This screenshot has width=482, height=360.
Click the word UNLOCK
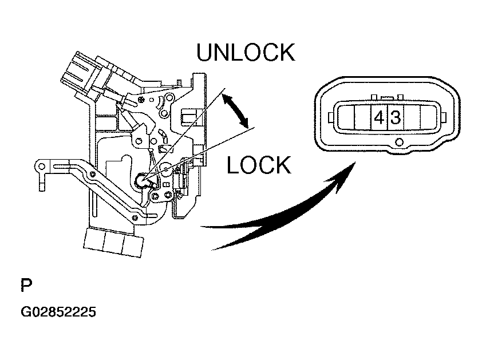245,52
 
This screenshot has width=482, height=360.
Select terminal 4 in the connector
378,118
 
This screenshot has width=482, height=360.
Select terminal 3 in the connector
395,118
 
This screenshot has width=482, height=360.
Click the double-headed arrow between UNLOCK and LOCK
236,111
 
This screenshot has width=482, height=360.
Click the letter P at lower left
26,285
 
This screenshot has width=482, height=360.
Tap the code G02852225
58,312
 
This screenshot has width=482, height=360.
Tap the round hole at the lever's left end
41,167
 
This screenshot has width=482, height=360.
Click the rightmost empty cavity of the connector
428,118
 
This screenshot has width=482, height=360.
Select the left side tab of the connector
330,118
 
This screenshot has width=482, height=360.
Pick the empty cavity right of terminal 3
412,118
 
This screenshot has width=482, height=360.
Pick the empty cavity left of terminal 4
362,118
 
